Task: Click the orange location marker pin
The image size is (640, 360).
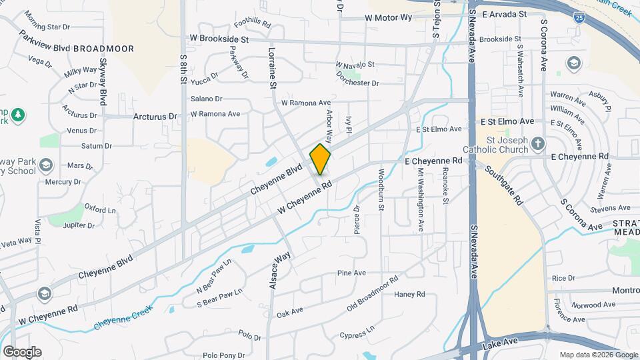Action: click(321, 159)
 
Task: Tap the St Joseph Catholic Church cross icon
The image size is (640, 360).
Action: click(539, 143)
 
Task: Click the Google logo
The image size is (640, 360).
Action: click(22, 352)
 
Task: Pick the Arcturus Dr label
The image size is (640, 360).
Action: click(155, 116)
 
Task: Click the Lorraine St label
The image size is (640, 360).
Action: click(273, 68)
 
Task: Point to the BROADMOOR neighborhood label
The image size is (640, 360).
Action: click(103, 49)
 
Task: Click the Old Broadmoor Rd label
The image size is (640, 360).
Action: click(372, 294)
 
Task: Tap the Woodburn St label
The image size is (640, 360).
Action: click(381, 191)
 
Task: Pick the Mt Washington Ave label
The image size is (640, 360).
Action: click(421, 199)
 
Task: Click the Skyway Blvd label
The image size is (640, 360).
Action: click(103, 81)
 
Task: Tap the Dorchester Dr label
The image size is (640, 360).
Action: click(357, 83)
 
